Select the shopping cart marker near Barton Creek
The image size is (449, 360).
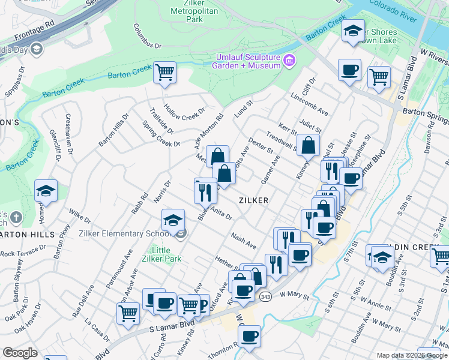(x=164, y=73)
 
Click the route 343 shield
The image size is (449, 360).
(x=265, y=296)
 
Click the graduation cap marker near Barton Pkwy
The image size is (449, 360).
(x=46, y=191)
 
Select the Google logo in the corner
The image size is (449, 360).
(x=20, y=353)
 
